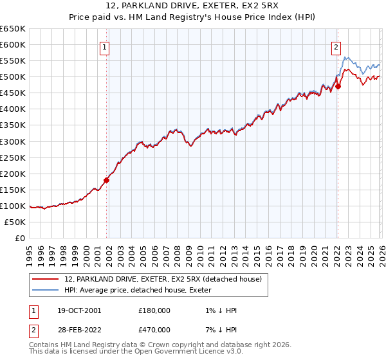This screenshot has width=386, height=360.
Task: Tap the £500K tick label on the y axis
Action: [x=13, y=77]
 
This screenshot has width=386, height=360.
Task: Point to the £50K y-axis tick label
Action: [x=15, y=222]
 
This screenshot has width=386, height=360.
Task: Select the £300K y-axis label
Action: [x=13, y=141]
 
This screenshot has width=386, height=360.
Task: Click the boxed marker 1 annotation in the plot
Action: [x=104, y=46]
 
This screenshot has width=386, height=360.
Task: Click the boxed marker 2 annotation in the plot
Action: [x=336, y=46]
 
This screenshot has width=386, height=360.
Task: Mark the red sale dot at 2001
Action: [x=107, y=180]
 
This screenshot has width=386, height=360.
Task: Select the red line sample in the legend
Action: [x=46, y=279]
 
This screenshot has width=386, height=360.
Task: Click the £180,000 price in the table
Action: [x=154, y=310]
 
